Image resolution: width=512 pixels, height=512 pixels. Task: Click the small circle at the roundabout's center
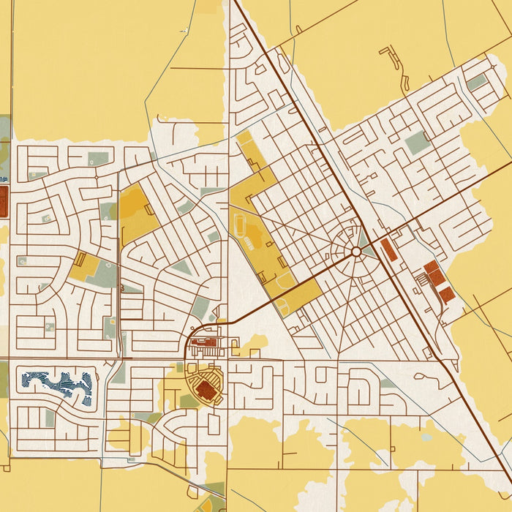355,251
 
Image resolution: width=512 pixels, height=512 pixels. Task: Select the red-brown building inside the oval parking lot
207,390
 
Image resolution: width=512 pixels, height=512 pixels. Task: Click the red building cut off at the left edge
3,200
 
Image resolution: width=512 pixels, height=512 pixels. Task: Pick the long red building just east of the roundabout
389,250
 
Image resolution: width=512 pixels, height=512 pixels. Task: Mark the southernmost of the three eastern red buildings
447,295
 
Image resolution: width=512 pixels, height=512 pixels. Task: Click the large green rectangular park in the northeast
418,143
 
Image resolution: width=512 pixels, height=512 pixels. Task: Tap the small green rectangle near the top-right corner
477,83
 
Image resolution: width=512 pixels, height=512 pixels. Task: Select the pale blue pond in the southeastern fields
426,437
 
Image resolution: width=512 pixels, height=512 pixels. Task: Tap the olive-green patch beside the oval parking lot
189,401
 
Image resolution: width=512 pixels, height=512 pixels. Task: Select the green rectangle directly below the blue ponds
50,418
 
